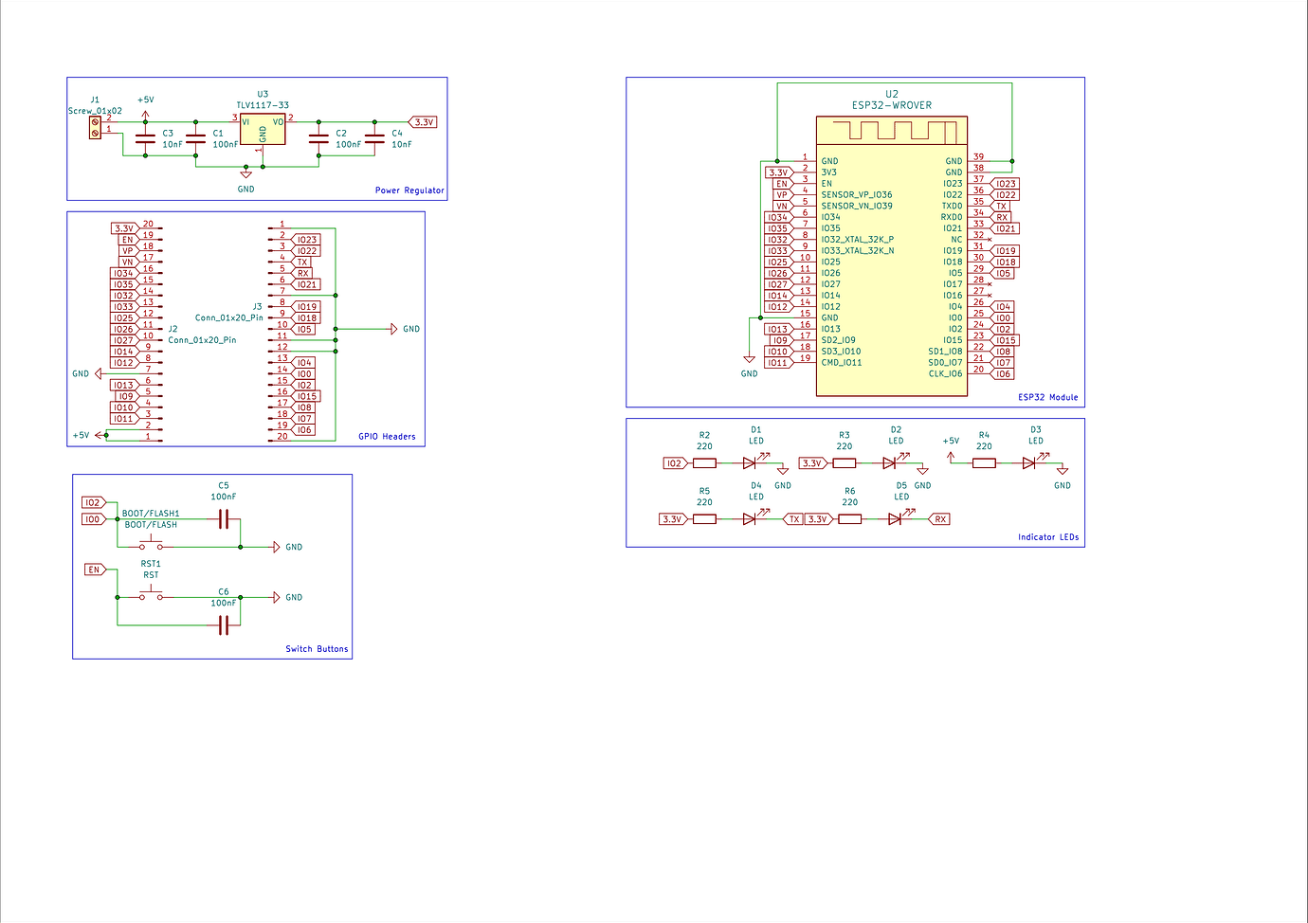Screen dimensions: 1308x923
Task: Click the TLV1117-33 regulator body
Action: point(263,130)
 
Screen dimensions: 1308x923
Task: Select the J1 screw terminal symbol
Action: point(95,128)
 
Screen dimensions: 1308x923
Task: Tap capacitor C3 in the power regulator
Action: point(145,139)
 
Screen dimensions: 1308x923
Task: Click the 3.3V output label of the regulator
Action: point(423,122)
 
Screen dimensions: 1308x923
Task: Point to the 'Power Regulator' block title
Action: point(409,190)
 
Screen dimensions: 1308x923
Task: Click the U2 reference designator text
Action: point(892,94)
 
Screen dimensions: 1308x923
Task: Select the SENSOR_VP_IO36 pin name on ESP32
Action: point(857,194)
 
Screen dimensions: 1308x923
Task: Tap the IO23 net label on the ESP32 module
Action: point(1005,183)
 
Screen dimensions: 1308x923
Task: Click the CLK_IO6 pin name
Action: point(945,373)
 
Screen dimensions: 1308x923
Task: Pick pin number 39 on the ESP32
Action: point(979,156)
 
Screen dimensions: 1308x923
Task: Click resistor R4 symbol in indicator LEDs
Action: point(984,463)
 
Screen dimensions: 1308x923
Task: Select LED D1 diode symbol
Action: point(750,463)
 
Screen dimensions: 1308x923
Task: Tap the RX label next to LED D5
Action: point(939,519)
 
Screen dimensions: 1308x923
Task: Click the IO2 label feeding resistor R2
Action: point(676,463)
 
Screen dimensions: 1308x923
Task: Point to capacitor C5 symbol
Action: point(223,519)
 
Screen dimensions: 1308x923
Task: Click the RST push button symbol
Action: point(152,595)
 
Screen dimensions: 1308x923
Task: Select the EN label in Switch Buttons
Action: point(95,570)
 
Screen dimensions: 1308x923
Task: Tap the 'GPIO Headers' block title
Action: point(387,436)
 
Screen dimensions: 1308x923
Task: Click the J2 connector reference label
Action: point(173,329)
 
